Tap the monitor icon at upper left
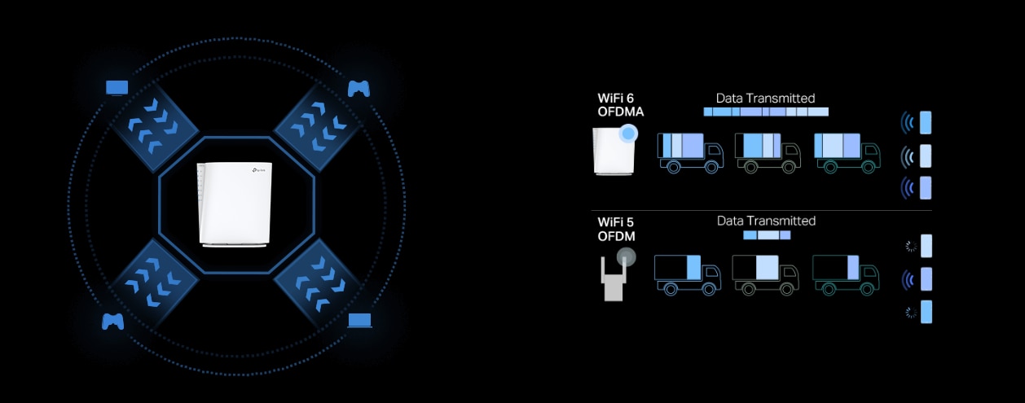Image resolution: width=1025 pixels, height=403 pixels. click(117, 87)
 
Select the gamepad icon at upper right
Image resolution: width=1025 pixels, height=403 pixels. click(359, 88)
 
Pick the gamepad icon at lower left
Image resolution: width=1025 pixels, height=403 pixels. click(112, 321)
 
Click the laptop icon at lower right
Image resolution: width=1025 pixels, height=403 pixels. click(359, 320)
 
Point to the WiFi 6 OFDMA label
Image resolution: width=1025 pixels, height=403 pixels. click(620, 105)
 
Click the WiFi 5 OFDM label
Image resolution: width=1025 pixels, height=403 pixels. click(617, 229)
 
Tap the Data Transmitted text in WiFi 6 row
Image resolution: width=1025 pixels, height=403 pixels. click(765, 98)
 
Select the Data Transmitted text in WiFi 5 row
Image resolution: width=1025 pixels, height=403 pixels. click(766, 221)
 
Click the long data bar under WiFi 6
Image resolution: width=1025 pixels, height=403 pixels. click(765, 112)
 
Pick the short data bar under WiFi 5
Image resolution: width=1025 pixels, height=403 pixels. click(767, 234)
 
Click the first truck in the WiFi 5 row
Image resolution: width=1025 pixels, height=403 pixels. click(687, 274)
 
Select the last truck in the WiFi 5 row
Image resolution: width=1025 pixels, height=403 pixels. click(845, 274)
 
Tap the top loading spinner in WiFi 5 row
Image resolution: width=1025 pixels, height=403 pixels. click(911, 247)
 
